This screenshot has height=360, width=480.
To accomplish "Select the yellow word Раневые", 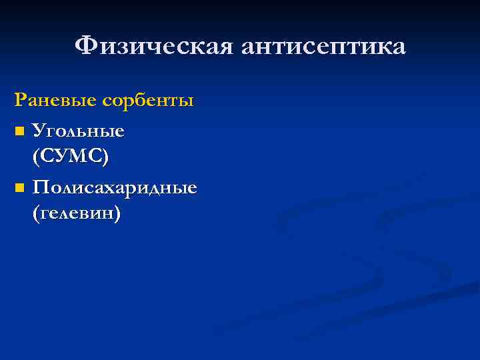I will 57,101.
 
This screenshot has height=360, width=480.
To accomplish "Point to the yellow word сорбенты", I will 149,101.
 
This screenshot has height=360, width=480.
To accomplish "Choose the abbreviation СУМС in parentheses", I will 70,157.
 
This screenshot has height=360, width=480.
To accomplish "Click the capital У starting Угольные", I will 39,131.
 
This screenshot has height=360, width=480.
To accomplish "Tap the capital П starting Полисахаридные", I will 40,187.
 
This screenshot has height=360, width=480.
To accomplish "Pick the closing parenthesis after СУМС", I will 106,158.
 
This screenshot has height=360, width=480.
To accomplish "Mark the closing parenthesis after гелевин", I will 118,215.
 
